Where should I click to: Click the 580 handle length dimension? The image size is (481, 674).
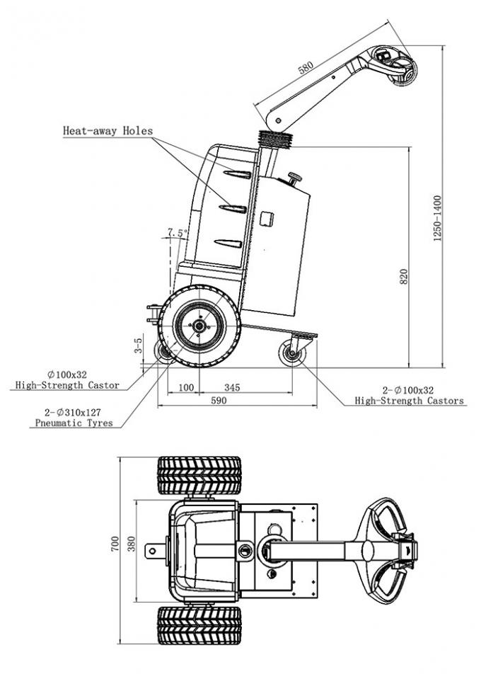[x=306, y=69]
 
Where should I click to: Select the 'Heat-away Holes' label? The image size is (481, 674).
[x=108, y=131]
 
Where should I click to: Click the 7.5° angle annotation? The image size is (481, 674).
[x=177, y=232]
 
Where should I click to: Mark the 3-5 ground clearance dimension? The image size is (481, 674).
[x=139, y=345]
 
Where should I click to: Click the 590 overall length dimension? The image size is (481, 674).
[x=219, y=401]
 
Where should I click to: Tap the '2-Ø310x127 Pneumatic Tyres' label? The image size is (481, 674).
[x=75, y=418]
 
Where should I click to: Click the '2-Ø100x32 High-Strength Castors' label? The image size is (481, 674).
[x=410, y=395]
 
